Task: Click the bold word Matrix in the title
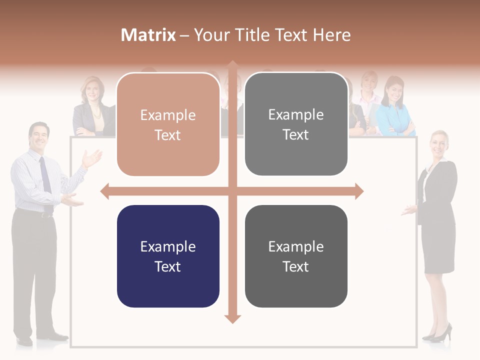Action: (x=148, y=35)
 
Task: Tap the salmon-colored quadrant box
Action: (x=168, y=124)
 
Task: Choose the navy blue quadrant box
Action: (x=168, y=256)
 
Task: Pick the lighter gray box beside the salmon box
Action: (x=296, y=124)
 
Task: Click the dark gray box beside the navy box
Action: (x=296, y=256)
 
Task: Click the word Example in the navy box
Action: (x=168, y=246)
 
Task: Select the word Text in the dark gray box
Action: (x=296, y=266)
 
